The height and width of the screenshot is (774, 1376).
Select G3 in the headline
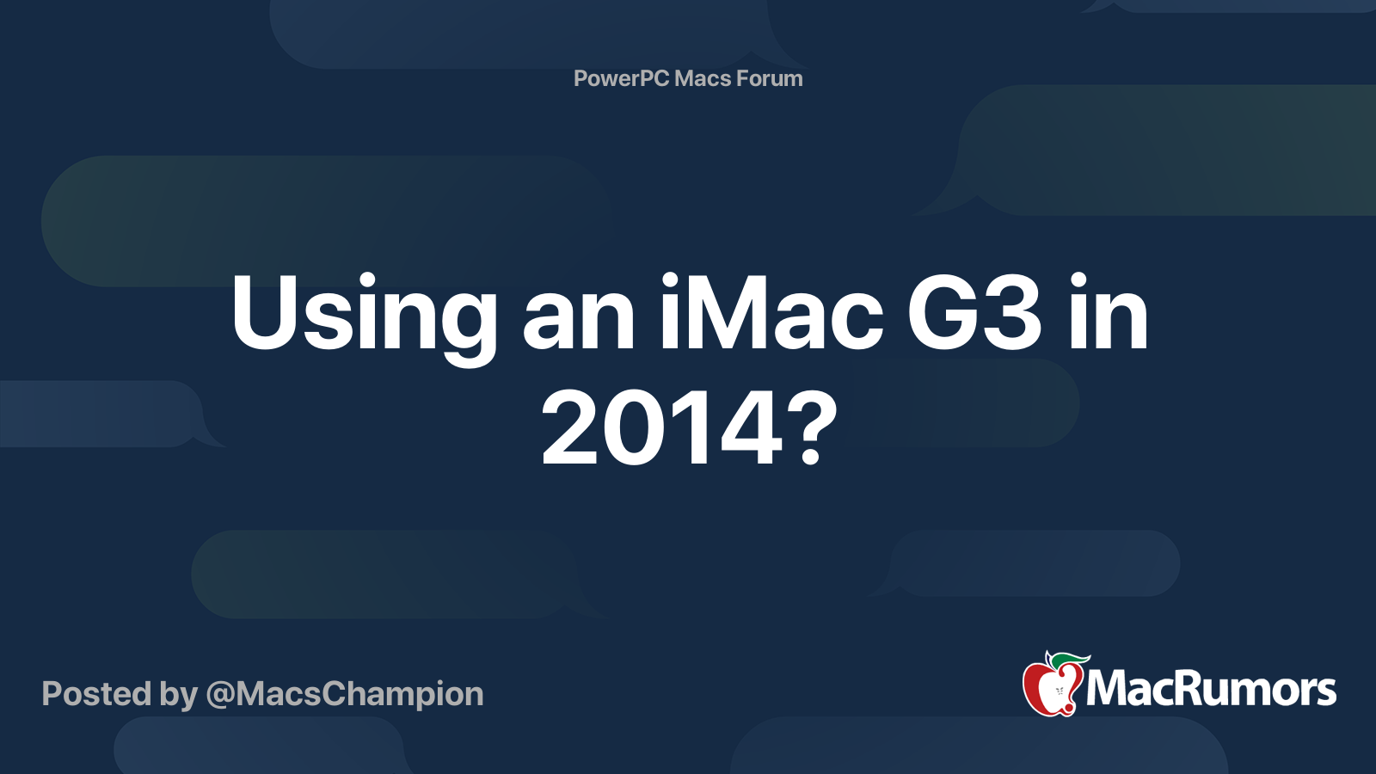click(x=974, y=313)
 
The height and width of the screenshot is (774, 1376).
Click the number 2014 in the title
click(x=661, y=427)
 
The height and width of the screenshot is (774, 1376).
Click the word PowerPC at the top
click(x=620, y=78)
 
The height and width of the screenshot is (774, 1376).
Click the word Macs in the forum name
click(x=703, y=78)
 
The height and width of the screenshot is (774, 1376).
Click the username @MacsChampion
click(x=344, y=694)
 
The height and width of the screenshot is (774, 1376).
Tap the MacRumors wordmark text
click(x=1211, y=690)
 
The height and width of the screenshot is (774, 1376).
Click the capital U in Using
click(x=261, y=313)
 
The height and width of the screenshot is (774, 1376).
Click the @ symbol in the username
click(x=219, y=695)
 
